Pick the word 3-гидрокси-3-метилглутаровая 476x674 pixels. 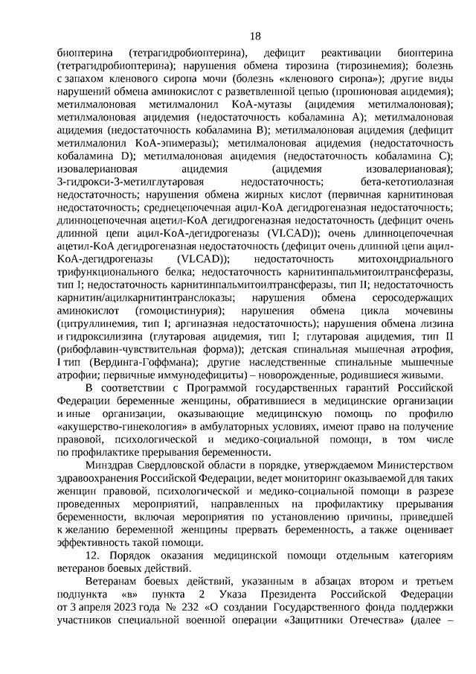124,182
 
